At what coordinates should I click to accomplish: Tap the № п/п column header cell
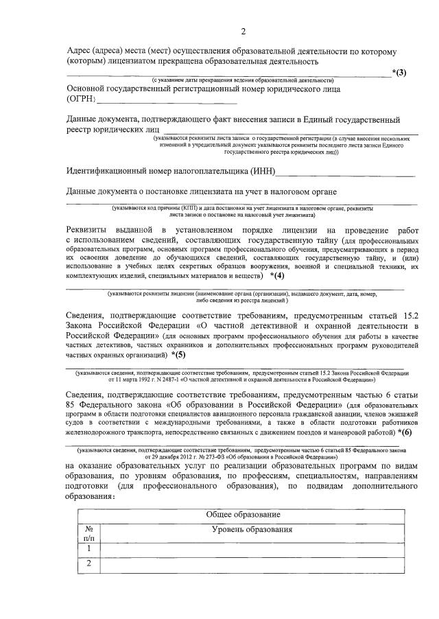pyautogui.click(x=88, y=534)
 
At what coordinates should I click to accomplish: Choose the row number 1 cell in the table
pyautogui.click(x=88, y=548)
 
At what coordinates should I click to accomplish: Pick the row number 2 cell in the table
pyautogui.click(x=88, y=564)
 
